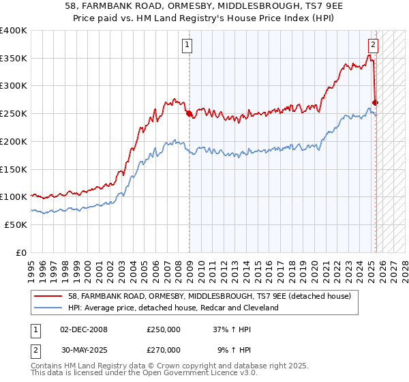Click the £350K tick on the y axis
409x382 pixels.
click(x=14, y=59)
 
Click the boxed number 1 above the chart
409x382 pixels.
click(x=187, y=46)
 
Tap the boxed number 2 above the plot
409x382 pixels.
click(x=373, y=46)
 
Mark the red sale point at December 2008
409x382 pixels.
click(x=189, y=114)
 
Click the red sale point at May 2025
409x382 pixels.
click(x=376, y=103)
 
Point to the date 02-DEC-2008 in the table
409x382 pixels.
click(x=84, y=329)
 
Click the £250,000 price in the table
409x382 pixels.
click(x=164, y=329)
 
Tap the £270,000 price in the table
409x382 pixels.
click(x=164, y=349)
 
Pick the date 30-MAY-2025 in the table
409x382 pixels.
click(x=84, y=349)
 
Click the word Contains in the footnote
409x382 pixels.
click(x=47, y=366)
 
